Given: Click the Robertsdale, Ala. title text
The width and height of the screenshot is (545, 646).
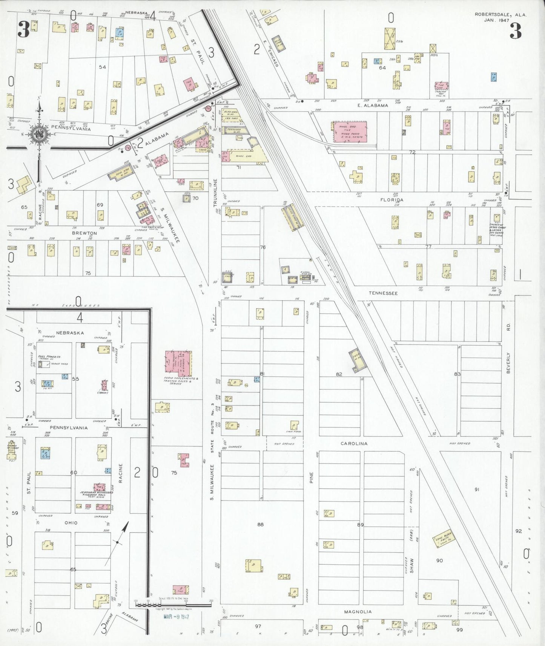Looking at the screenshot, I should click(500, 15).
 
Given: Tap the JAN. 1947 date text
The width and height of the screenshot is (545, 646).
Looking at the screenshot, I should click(496, 20).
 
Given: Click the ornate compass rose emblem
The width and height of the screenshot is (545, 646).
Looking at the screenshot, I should click(38, 134).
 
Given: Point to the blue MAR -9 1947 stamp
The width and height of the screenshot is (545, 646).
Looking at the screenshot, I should click(176, 617).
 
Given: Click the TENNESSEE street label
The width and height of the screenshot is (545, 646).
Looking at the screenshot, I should click(383, 293).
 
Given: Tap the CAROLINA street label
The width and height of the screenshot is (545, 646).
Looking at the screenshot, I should click(354, 444).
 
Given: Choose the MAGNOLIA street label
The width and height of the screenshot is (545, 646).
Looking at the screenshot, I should click(358, 612).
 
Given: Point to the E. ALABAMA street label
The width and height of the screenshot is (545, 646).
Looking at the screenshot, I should click(373, 106).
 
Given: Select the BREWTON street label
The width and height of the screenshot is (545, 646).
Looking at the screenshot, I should click(84, 233).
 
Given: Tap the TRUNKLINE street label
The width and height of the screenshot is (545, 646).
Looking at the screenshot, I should click(216, 193).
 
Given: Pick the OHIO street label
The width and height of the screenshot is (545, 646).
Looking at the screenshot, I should click(71, 523).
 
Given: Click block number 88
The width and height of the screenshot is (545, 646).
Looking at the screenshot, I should click(260, 524).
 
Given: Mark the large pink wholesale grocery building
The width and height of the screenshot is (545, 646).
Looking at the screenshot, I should click(350, 132).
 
